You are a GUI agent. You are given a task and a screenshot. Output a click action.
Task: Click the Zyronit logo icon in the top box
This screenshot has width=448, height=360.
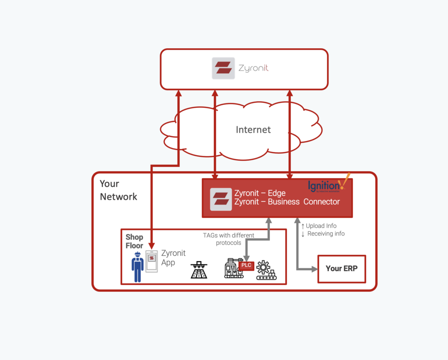[x=223, y=68]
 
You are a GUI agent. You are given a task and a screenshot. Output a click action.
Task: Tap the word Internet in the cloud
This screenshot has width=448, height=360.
[x=253, y=130]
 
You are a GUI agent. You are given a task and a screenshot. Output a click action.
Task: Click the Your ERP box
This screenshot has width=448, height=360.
[x=341, y=268]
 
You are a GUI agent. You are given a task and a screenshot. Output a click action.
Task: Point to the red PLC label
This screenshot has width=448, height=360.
[x=246, y=265]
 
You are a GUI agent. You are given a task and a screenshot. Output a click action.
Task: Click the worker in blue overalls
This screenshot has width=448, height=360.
[x=137, y=267]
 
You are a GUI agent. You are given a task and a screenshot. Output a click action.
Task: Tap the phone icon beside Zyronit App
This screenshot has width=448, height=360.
[x=151, y=261]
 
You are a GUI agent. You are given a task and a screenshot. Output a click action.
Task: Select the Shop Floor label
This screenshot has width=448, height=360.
[x=134, y=241]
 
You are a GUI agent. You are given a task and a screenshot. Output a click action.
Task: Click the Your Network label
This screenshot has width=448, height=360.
[x=118, y=190]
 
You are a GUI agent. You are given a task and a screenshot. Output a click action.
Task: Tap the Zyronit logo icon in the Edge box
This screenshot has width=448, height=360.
[x=221, y=199]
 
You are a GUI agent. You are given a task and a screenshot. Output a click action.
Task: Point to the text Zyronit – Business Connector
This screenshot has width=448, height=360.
[x=287, y=202]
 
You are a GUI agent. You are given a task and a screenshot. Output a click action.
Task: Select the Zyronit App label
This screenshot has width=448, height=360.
[x=173, y=258]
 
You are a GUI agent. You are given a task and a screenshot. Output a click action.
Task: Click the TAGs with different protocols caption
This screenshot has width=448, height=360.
[x=228, y=239]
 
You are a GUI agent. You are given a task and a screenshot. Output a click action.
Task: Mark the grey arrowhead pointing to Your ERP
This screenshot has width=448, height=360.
[x=314, y=269]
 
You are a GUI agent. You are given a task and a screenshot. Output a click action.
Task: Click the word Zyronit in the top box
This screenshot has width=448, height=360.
[x=253, y=68]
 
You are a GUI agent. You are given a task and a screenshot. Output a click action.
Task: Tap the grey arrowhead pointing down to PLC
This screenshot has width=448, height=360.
[x=246, y=258]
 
